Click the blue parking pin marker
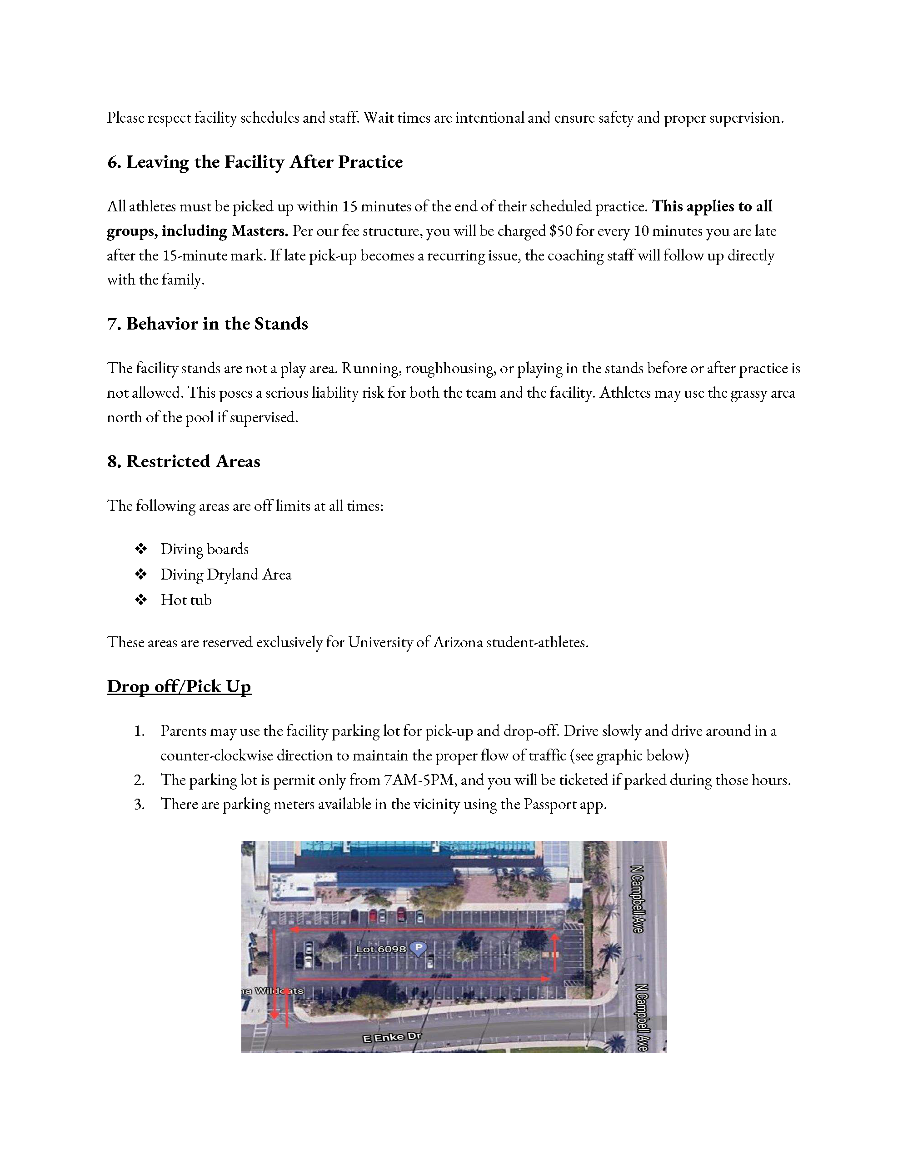[x=418, y=948]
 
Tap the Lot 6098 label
[x=381, y=949]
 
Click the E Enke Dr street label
[x=392, y=1037]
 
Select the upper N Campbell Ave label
[x=638, y=900]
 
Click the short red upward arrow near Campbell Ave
[x=555, y=953]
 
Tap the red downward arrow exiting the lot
[x=275, y=975]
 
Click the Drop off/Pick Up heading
[x=179, y=686]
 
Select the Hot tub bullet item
[x=186, y=600]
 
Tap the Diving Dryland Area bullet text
[x=225, y=574]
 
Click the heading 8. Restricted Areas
[x=184, y=461]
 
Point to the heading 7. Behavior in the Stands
[x=207, y=324]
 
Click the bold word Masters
[x=260, y=231]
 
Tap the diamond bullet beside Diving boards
[x=141, y=549]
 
